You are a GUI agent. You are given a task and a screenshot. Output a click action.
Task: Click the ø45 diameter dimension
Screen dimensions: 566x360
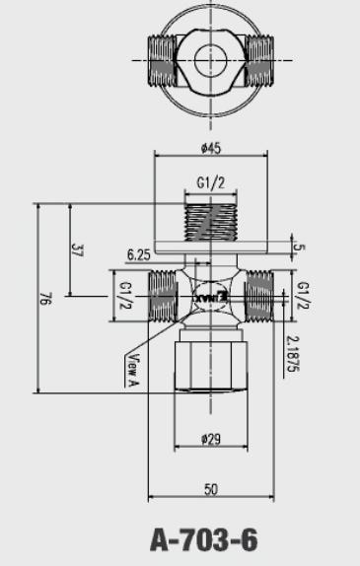click(208, 149)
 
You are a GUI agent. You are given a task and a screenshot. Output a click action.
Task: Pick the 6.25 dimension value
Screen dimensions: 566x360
click(139, 253)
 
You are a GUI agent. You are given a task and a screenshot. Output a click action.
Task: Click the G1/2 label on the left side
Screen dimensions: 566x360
click(125, 295)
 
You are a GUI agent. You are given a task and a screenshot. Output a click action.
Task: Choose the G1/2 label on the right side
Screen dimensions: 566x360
click(302, 295)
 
